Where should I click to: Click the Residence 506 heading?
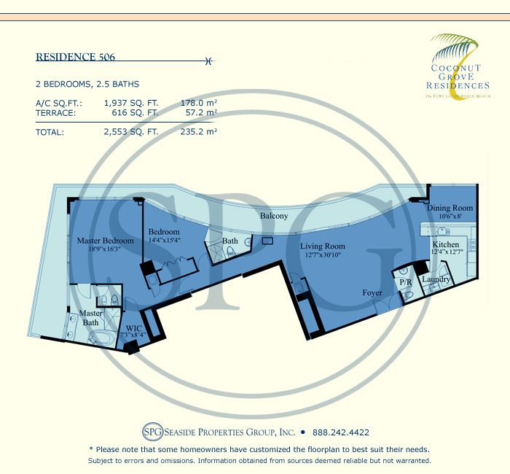coord(75,56)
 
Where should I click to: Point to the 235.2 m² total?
coord(199,132)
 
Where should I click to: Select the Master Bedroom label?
coord(106,241)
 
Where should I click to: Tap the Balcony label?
coord(274,216)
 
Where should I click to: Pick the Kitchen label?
coord(445,244)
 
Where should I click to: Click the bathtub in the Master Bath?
coord(98,339)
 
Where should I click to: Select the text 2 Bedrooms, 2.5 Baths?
coord(87,84)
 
